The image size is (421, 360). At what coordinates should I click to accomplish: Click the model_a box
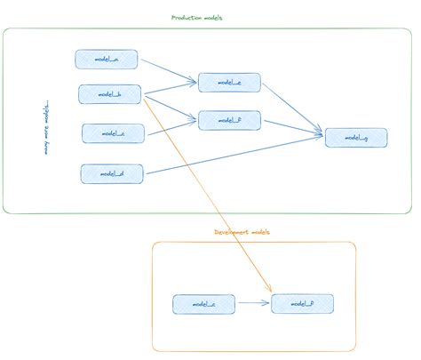coord(106,60)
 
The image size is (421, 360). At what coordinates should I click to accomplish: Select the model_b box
coord(110,94)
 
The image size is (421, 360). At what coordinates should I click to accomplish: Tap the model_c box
coord(113,133)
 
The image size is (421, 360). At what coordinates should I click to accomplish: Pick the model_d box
coord(112,172)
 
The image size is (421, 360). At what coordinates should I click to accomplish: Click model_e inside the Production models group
coord(229,83)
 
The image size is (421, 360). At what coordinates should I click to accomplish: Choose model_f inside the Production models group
coord(229,120)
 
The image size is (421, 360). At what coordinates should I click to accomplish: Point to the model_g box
coord(355,138)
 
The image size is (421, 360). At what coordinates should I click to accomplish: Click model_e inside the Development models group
coord(204,305)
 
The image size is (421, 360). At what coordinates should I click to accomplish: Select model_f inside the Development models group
coord(302,304)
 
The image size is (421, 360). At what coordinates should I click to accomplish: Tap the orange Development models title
coord(242,231)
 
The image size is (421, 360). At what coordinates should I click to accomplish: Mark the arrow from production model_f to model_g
coord(293,127)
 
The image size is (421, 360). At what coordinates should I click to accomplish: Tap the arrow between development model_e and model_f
coord(253,304)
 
